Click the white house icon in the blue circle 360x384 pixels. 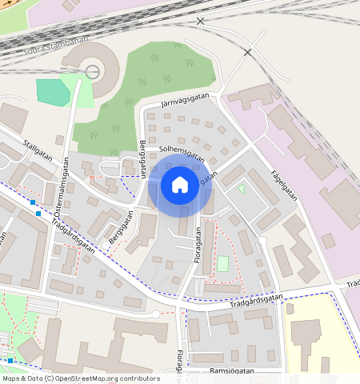pos(180,185)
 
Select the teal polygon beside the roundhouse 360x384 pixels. pos(53,91)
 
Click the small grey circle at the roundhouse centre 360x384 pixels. pos(93,72)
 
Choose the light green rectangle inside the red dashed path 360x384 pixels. pos(223,263)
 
